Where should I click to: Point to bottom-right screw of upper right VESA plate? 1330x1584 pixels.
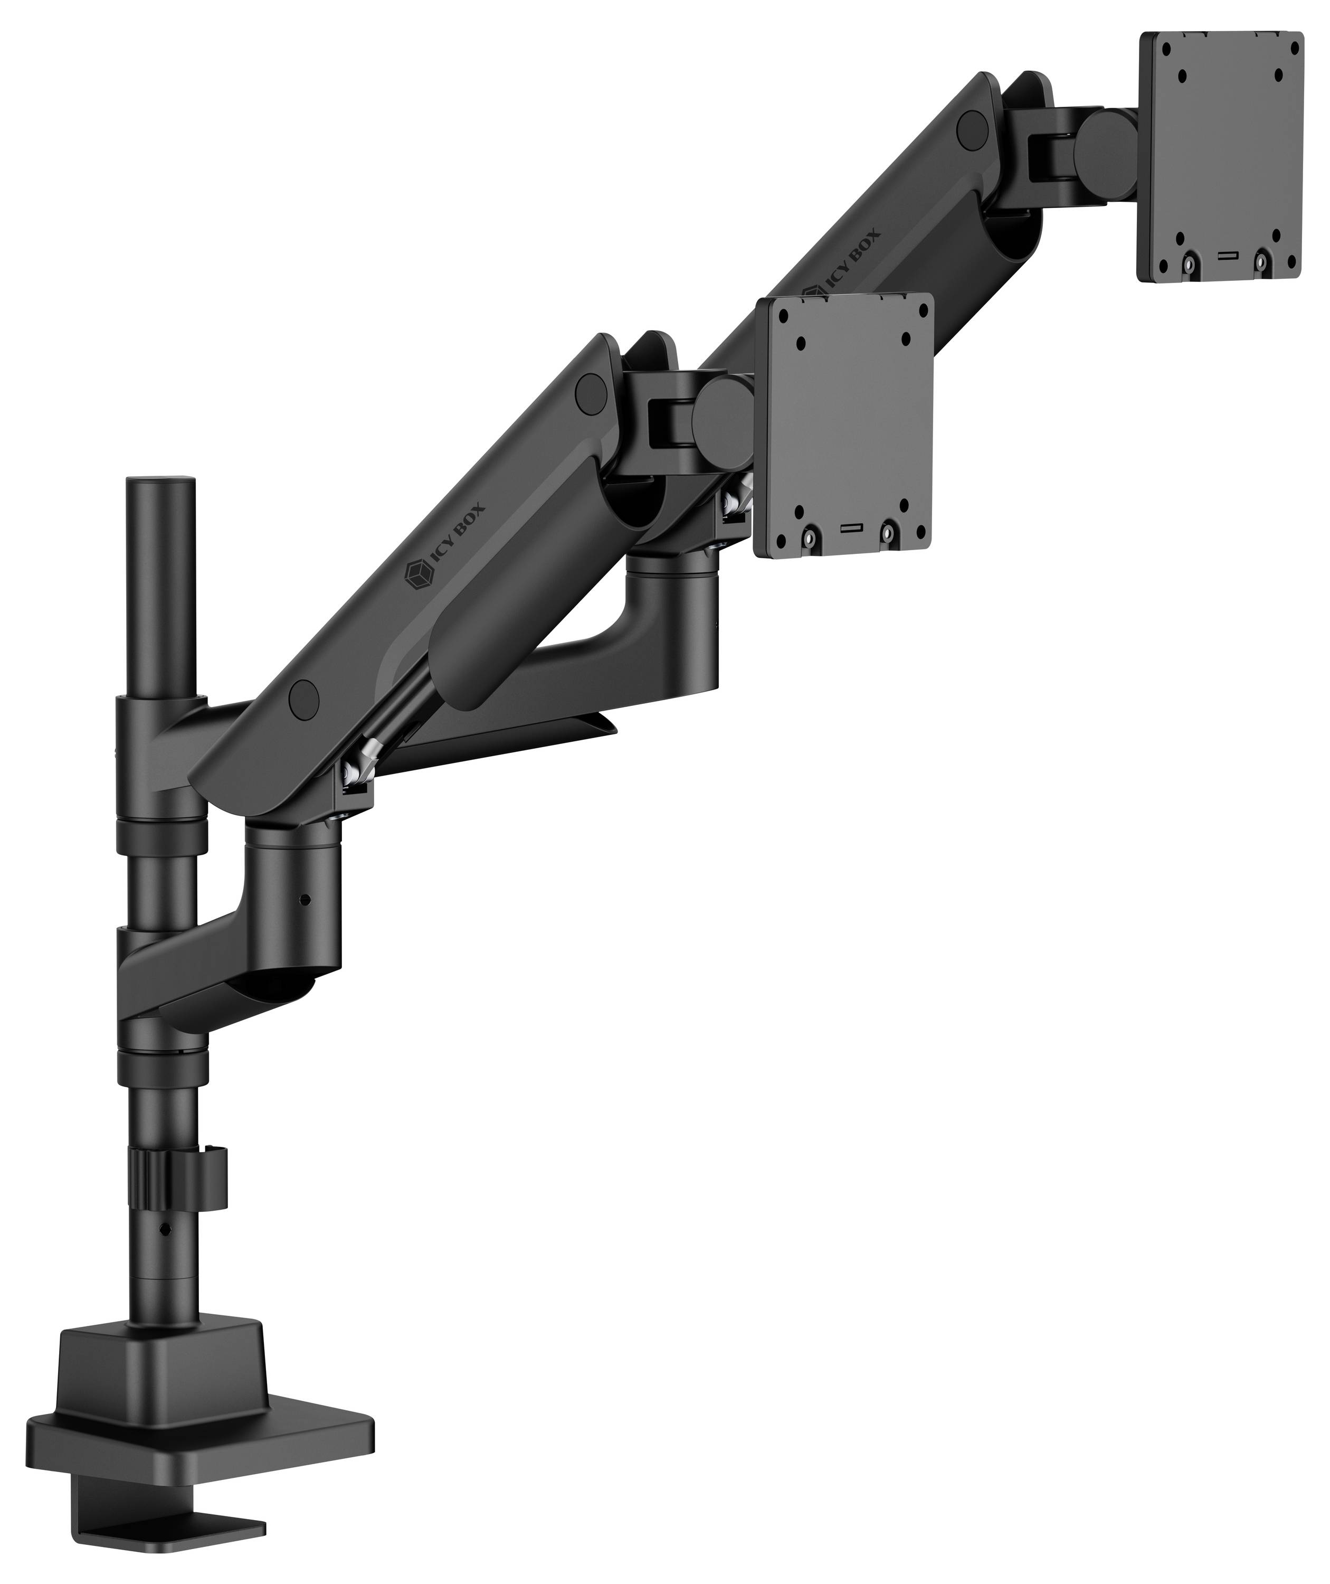tap(1261, 262)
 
